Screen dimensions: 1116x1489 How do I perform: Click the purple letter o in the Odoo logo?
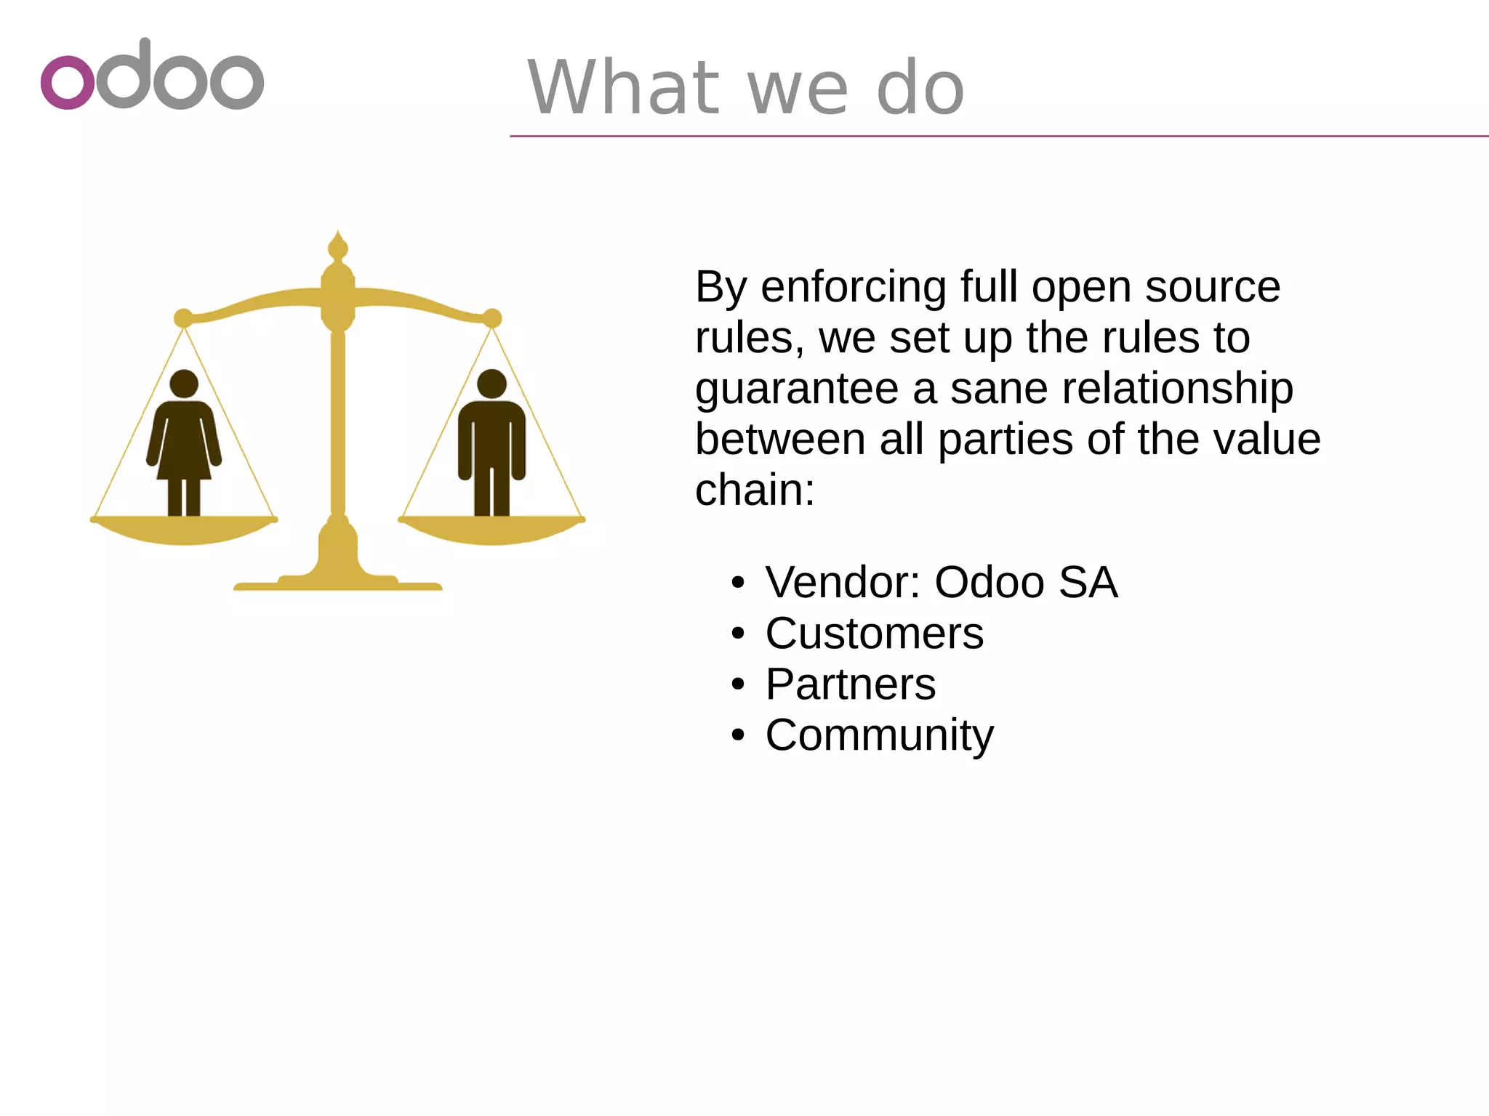(68, 82)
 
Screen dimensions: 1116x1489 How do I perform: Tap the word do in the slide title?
(920, 88)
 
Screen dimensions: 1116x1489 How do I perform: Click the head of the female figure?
(184, 384)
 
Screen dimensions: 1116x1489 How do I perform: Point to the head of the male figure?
(492, 384)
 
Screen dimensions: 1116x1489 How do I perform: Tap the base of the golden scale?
(337, 581)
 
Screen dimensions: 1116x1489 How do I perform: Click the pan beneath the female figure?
(184, 530)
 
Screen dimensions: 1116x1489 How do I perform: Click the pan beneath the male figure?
(492, 530)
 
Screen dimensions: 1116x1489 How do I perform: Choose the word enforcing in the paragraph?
(854, 288)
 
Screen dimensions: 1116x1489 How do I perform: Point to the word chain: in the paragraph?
(755, 490)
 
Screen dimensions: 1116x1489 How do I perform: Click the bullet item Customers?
(874, 634)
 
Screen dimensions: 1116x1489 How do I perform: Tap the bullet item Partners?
(850, 684)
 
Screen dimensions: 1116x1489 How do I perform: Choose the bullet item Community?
(879, 735)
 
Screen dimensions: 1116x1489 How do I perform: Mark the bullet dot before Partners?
(739, 685)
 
